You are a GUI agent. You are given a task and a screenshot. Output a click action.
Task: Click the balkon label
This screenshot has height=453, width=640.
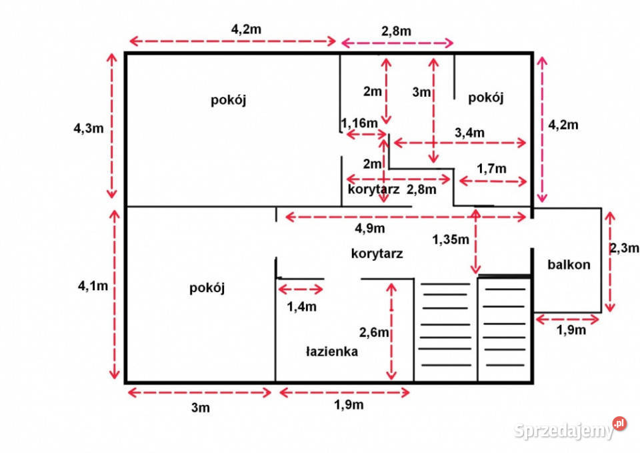point(569,265)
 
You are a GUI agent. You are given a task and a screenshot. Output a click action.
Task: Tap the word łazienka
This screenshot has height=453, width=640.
point(332,352)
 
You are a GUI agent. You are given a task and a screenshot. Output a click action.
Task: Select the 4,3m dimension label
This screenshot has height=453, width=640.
point(89,128)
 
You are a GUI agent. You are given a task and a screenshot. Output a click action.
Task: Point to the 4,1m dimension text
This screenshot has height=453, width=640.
point(93,286)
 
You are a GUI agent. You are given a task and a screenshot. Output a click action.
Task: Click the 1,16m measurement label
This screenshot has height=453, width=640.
point(359,123)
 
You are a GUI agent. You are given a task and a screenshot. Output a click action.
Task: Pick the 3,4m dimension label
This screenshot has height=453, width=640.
point(469,132)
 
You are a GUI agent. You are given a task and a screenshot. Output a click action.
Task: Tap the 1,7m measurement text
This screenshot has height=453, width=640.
point(491,168)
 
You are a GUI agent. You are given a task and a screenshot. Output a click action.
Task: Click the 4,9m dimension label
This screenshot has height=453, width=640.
point(370,228)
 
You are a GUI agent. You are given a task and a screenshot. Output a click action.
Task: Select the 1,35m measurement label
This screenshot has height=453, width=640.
point(451,240)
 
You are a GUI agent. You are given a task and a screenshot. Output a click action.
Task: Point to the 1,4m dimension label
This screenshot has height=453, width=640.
point(301,306)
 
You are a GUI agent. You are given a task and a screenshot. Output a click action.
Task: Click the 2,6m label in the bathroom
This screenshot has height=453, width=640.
point(374,332)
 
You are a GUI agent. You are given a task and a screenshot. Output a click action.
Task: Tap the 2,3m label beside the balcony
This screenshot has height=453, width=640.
point(625,248)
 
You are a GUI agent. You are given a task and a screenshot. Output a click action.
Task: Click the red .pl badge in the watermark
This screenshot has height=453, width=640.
point(619,424)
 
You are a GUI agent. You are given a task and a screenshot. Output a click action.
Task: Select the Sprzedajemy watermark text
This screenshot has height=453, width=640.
point(564,430)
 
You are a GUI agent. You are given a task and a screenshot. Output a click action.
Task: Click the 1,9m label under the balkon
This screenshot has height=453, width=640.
point(571,330)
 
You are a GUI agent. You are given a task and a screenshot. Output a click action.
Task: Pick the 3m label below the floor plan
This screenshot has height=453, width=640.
point(201,407)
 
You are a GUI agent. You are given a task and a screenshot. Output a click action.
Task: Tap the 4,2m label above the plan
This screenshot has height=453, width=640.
point(246,29)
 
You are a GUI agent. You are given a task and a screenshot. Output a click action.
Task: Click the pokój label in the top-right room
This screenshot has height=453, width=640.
point(486,97)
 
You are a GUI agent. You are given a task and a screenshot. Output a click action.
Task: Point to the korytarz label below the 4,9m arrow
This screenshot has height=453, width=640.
point(377,254)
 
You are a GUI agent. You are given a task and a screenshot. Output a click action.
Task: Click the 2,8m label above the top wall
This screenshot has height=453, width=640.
point(396,31)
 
